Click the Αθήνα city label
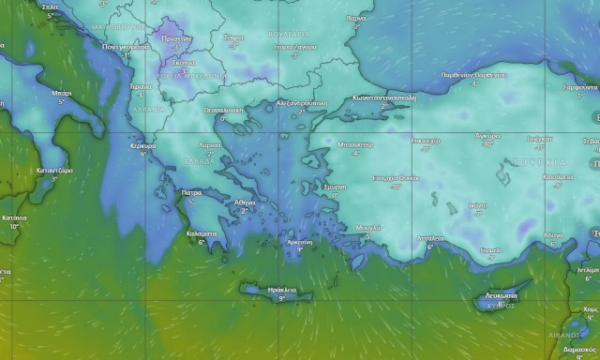(245, 202)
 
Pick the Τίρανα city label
(141, 85)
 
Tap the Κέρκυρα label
(142, 146)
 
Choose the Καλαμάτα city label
(202, 233)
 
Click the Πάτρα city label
(191, 192)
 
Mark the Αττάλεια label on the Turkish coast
(430, 238)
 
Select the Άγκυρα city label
(487, 136)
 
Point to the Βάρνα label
(356, 18)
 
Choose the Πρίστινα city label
(177, 38)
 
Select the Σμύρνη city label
(334, 187)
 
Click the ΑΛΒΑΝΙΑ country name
(148, 109)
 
